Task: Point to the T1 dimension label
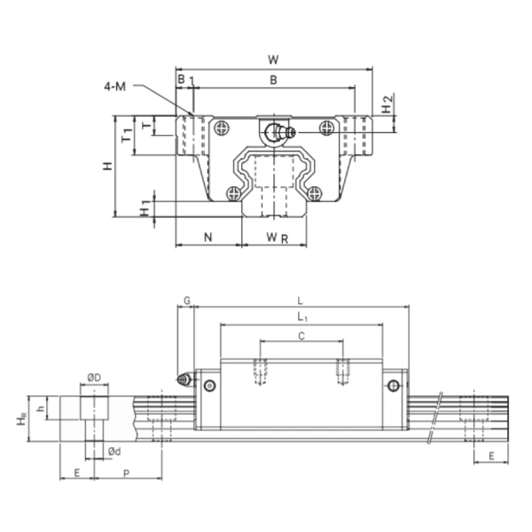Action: pyautogui.click(x=127, y=135)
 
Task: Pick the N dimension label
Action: pyautogui.click(x=208, y=237)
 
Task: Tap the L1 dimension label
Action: pyautogui.click(x=301, y=317)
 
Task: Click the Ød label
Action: pyautogui.click(x=113, y=451)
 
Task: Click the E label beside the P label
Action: pyautogui.click(x=77, y=474)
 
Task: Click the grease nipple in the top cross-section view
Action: pyautogui.click(x=277, y=131)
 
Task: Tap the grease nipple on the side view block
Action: pyautogui.click(x=184, y=379)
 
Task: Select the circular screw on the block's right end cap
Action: pyautogui.click(x=393, y=385)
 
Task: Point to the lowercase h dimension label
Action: pyautogui.click(x=41, y=408)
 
